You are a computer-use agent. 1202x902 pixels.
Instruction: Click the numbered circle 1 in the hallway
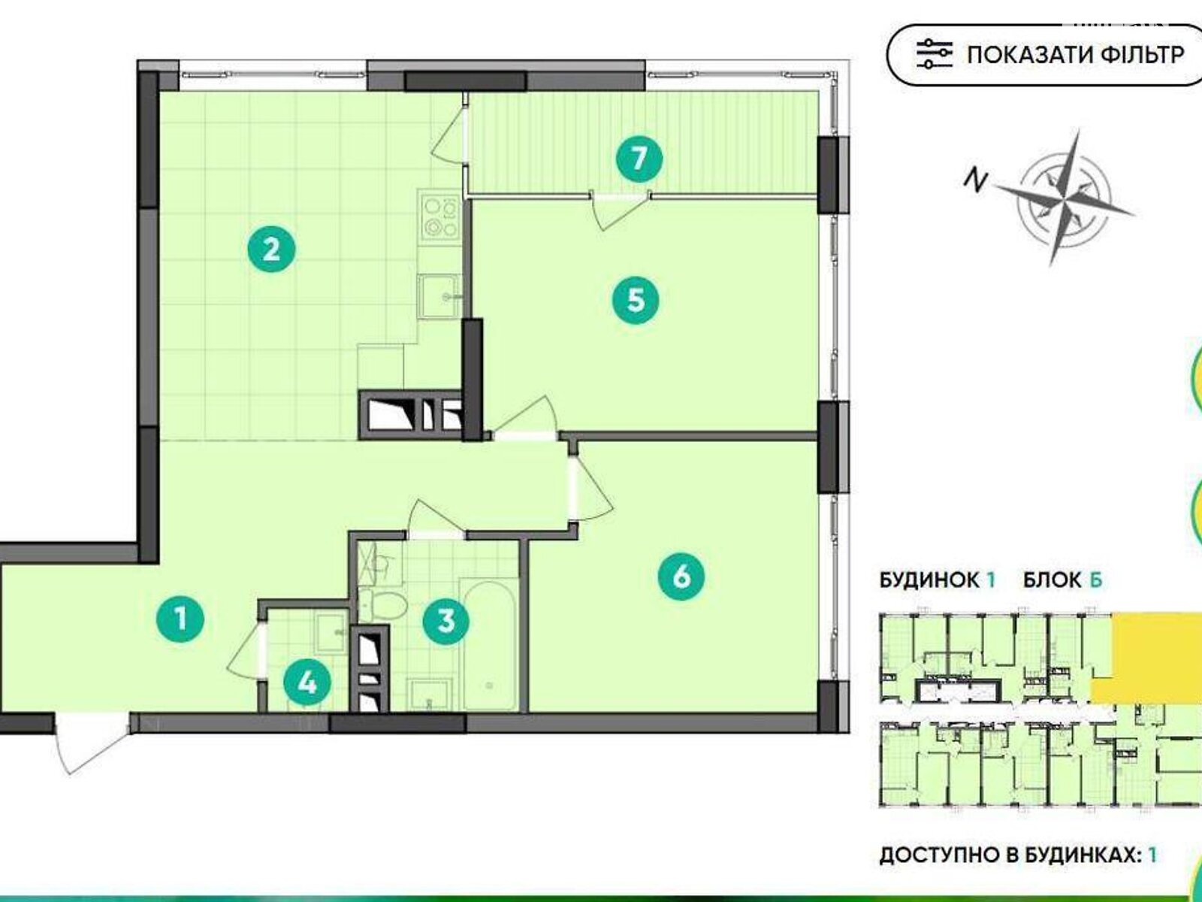click(181, 619)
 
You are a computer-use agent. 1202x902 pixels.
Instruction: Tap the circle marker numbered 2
click(271, 250)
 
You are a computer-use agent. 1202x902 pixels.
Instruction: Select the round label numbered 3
click(446, 622)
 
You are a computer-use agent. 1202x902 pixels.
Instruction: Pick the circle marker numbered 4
click(307, 683)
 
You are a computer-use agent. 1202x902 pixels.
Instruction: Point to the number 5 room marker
click(636, 301)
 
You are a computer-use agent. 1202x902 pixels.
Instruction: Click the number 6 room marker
click(681, 577)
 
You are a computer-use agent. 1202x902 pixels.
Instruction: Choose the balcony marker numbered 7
click(639, 159)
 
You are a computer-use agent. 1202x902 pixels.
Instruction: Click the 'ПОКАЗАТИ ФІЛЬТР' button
click(1045, 55)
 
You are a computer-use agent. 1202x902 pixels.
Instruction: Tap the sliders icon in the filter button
click(935, 54)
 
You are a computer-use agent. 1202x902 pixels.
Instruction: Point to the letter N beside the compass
click(975, 180)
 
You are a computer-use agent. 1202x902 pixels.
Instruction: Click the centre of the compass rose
click(1064, 198)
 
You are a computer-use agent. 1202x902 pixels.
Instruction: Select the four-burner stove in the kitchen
click(438, 217)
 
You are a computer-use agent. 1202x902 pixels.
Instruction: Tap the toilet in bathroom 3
click(383, 604)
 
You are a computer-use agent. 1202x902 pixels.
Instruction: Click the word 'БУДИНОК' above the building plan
click(929, 580)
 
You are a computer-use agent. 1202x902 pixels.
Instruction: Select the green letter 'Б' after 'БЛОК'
click(1095, 580)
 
